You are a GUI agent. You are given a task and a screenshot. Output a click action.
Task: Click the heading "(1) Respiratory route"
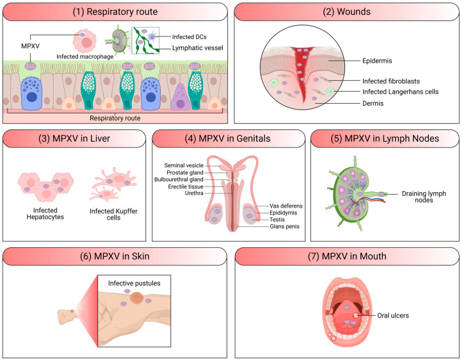[x=115, y=12]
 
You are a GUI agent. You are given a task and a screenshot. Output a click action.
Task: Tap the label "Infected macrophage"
[x=85, y=56]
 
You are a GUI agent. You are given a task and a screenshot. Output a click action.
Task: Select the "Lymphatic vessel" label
[x=198, y=48]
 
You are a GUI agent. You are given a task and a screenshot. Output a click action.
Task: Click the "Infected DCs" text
[x=190, y=37]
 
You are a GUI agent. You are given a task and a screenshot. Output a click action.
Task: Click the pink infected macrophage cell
[x=85, y=41]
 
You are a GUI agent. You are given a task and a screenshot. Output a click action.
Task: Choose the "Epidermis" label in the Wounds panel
[x=377, y=61]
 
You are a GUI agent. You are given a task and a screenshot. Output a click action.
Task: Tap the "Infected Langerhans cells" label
[x=400, y=92]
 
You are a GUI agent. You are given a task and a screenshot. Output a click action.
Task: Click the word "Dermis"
[x=373, y=103]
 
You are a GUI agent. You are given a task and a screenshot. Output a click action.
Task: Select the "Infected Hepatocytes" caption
[x=45, y=213]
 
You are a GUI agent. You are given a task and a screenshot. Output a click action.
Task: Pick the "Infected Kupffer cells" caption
[x=113, y=214]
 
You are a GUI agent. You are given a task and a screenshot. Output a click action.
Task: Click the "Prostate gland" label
[x=185, y=173]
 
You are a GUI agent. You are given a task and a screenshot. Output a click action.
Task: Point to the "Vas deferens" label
[x=286, y=206]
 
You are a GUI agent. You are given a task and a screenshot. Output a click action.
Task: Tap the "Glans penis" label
[x=284, y=227]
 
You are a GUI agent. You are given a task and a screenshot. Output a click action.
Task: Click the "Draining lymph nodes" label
[x=424, y=197]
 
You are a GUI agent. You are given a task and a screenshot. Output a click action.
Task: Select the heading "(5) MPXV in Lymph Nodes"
[x=385, y=138]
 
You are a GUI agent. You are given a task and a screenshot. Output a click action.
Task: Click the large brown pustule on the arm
[x=137, y=297]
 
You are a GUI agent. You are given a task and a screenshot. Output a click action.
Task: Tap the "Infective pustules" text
[x=134, y=283]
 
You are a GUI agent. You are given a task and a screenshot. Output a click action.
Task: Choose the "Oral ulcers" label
[x=392, y=315]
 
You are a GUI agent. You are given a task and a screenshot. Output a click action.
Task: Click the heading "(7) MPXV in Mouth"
[x=347, y=256]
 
